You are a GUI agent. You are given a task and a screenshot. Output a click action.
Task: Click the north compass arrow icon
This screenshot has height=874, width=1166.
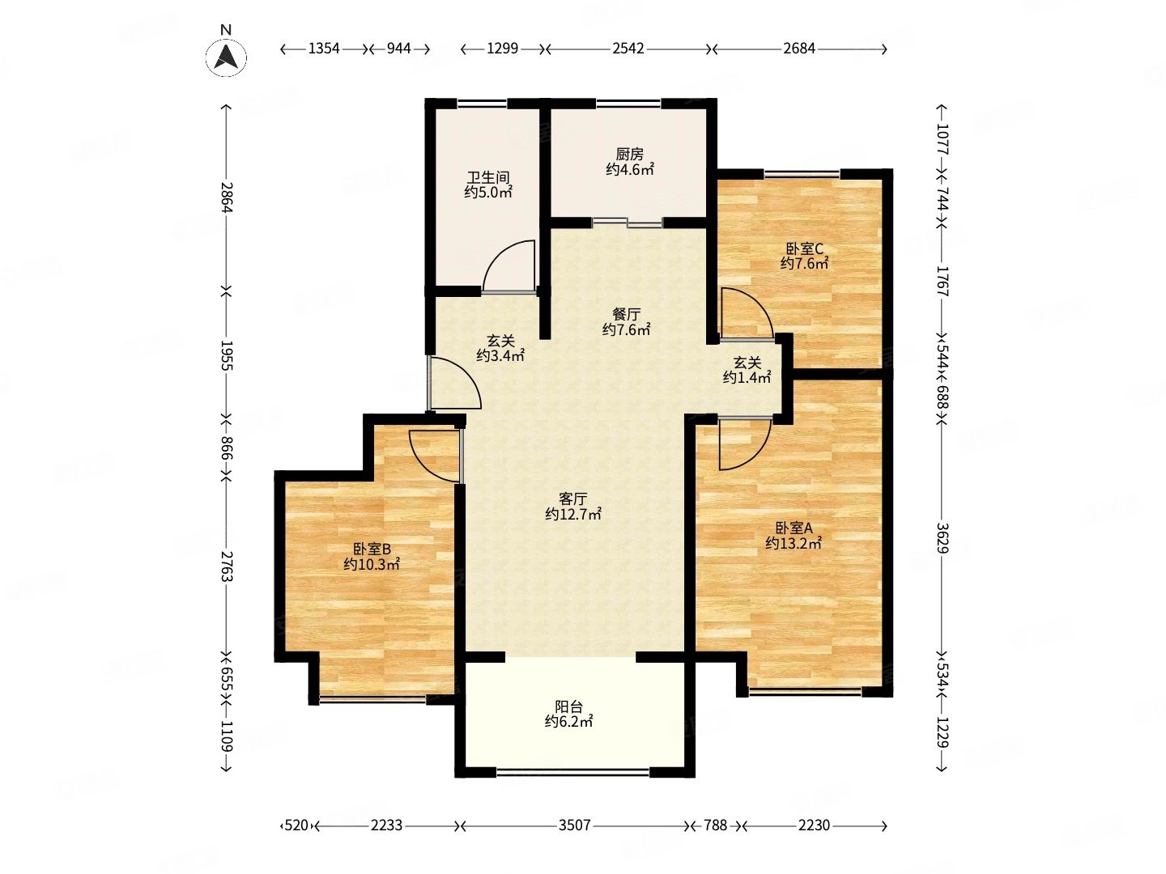click(x=226, y=57)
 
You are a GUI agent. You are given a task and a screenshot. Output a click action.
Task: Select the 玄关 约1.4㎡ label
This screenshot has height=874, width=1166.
click(x=747, y=370)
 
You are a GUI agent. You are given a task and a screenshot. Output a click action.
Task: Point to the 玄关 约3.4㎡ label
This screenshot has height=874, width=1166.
click(x=500, y=348)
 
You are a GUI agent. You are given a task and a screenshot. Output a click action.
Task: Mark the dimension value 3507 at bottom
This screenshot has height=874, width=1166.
click(x=574, y=825)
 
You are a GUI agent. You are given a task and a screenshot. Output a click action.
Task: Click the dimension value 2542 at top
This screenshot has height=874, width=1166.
click(x=628, y=49)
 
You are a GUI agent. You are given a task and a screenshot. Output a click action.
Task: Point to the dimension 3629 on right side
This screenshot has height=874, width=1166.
click(x=942, y=538)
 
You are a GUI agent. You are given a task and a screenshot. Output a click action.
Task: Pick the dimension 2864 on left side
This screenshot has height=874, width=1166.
click(x=226, y=197)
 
